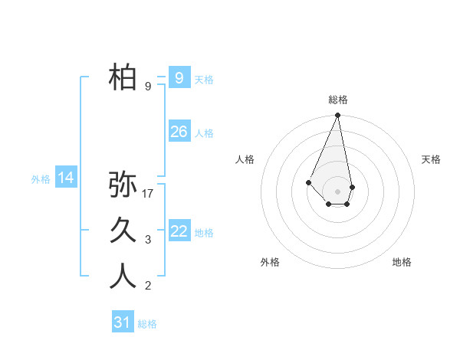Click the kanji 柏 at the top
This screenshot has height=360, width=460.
click(x=123, y=77)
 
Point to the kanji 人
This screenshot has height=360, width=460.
click(x=123, y=277)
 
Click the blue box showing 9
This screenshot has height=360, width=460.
click(x=179, y=77)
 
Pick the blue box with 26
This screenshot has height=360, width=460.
click(x=179, y=132)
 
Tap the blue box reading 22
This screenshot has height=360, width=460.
click(x=179, y=231)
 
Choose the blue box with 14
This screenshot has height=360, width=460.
click(x=66, y=178)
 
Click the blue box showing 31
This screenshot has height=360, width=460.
click(x=123, y=322)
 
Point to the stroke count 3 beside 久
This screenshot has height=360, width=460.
click(x=148, y=240)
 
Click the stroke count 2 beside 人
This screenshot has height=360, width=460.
click(x=148, y=286)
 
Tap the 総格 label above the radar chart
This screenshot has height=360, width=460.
click(x=338, y=100)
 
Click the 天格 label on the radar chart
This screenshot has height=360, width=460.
click(x=432, y=159)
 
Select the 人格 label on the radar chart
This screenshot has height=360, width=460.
click(x=245, y=159)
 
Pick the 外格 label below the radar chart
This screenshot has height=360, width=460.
click(x=270, y=262)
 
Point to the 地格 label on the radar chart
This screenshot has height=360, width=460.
click(x=402, y=262)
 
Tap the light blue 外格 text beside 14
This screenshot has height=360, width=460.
click(x=41, y=179)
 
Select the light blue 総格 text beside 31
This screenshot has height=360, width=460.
click(x=147, y=324)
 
